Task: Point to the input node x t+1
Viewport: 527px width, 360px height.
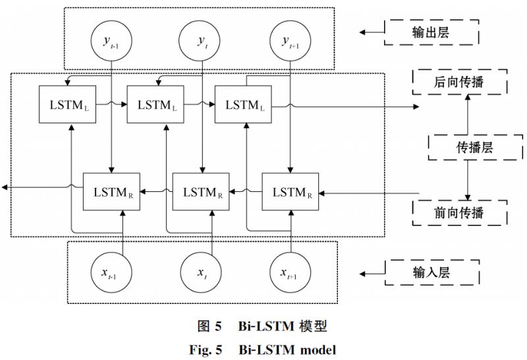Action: point(291,272)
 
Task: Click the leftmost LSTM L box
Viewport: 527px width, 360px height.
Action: point(68,104)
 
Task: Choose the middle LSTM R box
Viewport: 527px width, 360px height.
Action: point(201,192)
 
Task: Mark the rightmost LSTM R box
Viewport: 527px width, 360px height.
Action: point(291,192)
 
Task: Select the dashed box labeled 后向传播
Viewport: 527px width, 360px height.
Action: point(459,82)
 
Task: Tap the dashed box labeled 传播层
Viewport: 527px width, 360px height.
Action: point(467,146)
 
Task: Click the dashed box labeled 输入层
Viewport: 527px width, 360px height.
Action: point(430,271)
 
